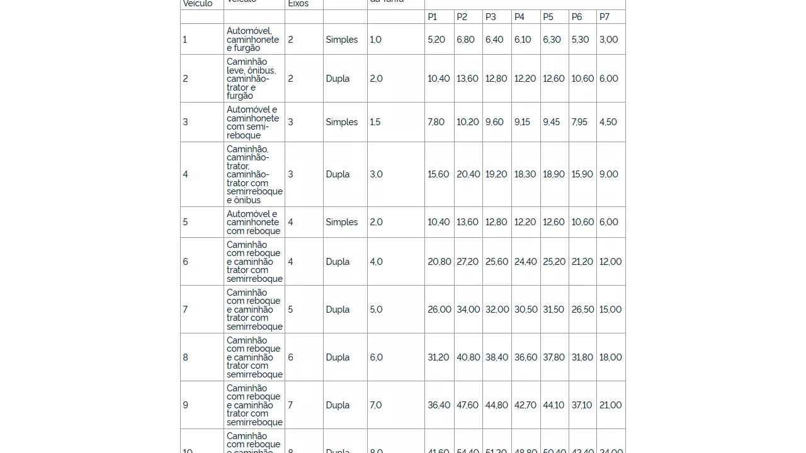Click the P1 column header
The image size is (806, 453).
tap(432, 17)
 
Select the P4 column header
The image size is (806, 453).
tap(519, 17)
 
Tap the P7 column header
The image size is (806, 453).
tap(604, 17)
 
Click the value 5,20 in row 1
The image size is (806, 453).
tap(436, 40)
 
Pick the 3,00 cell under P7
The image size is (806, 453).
tap(608, 40)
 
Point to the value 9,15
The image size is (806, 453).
tap(522, 122)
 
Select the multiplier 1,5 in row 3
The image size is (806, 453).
tap(375, 122)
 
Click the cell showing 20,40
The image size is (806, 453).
tap(468, 174)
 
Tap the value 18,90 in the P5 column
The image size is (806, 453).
tap(553, 174)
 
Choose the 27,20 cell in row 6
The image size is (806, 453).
tap(468, 262)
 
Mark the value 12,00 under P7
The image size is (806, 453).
tap(610, 262)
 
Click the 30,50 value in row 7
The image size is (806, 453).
tap(526, 310)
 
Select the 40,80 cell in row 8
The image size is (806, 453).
tap(468, 357)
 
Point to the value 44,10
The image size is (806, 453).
tap(553, 405)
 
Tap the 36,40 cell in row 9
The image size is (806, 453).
tap(439, 405)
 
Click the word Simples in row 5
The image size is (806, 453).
tap(341, 222)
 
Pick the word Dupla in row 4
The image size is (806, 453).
tap(338, 174)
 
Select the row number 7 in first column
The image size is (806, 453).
tap(185, 310)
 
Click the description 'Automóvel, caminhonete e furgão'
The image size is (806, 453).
tap(253, 40)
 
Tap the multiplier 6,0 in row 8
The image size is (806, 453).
tap(376, 357)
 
